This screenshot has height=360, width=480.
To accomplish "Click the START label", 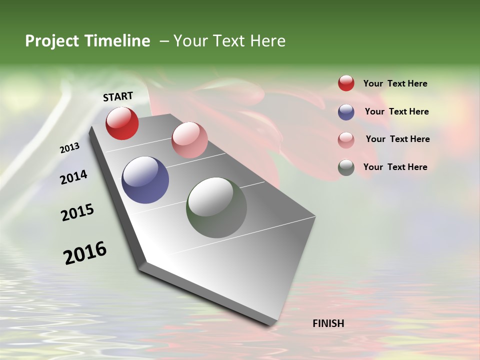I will pyautogui.click(x=118, y=96).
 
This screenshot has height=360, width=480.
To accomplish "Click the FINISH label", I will pyautogui.click(x=328, y=323).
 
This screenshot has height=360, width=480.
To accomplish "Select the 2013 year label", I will pyautogui.click(x=69, y=148).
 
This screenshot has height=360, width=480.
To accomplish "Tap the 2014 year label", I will pyautogui.click(x=73, y=177).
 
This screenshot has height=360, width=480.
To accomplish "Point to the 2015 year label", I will pyautogui.click(x=77, y=212).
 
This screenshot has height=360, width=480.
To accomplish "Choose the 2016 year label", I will pyautogui.click(x=85, y=253).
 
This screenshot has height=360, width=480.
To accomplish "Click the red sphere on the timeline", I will pyautogui.click(x=122, y=123).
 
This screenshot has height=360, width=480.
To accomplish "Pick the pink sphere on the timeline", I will pyautogui.click(x=189, y=140).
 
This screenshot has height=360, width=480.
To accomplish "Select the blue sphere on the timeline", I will pyautogui.click(x=145, y=180).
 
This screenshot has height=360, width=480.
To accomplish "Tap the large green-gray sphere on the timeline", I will pyautogui.click(x=216, y=207).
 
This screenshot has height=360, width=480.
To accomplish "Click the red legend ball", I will pyautogui.click(x=346, y=83).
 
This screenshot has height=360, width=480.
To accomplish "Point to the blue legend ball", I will pyautogui.click(x=346, y=111).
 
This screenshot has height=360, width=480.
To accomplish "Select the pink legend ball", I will pyautogui.click(x=346, y=139).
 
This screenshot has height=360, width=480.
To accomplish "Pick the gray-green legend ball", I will pyautogui.click(x=346, y=167).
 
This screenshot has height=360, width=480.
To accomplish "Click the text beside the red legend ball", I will pyautogui.click(x=395, y=83).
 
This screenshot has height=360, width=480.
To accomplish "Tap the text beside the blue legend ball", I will pyautogui.click(x=396, y=111).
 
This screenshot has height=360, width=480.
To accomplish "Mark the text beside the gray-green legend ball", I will pyautogui.click(x=395, y=167).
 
